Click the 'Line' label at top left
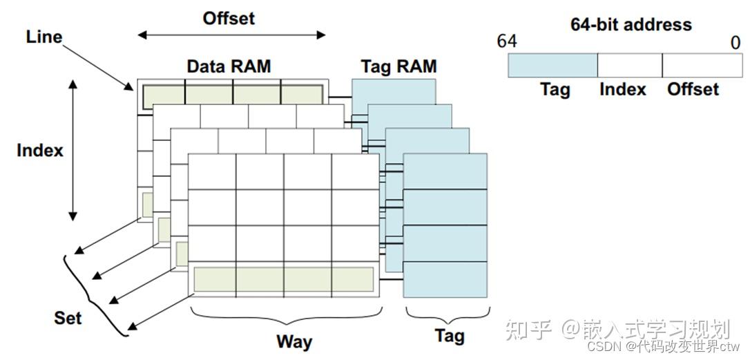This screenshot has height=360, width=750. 44,37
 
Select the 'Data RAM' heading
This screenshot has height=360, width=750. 229,67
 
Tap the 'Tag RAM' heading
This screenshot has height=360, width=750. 398,67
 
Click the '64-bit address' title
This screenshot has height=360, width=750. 631,25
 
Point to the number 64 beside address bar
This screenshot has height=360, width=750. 506,41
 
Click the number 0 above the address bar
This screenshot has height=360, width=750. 735,43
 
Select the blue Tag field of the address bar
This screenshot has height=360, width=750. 552,65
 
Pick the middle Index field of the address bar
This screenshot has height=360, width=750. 629,65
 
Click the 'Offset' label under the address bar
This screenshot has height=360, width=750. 693,89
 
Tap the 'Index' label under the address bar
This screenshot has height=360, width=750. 623,89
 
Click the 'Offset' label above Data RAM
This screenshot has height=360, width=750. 229,18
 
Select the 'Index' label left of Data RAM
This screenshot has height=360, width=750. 40,150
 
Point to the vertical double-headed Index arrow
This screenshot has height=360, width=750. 72,150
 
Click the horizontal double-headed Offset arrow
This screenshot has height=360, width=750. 231,35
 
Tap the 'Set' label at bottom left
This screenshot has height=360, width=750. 68,318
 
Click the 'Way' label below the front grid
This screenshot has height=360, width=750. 294,341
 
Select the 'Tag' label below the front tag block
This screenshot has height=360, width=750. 449,337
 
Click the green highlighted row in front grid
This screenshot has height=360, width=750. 283,279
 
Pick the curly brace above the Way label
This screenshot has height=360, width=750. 283,316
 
